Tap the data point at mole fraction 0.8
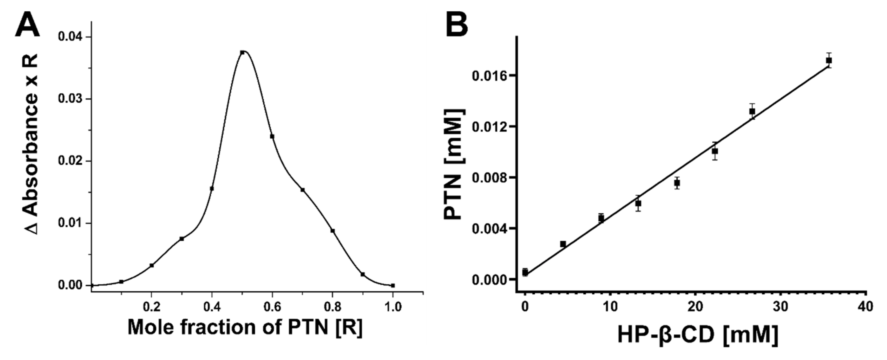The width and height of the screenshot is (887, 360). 333,231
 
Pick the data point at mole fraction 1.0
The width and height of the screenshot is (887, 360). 393,285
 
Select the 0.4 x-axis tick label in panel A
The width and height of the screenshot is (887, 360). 212,307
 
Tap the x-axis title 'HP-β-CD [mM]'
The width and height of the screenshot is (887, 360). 697,335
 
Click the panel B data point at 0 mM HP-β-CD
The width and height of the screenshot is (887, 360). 525,272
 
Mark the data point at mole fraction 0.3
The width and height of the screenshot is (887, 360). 182,239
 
